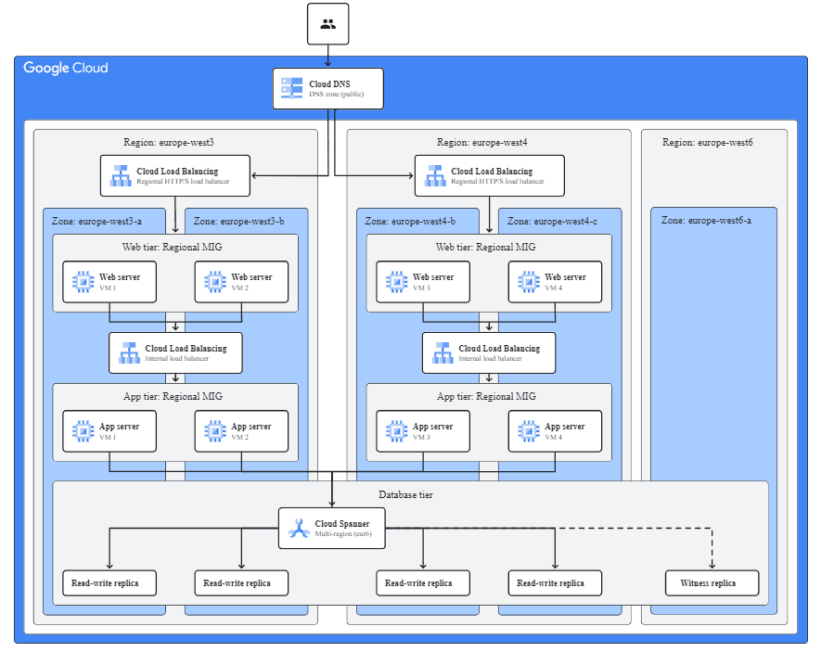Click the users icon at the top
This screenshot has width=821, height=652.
[327, 23]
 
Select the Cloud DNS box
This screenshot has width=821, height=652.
[327, 89]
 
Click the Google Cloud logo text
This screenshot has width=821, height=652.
[66, 68]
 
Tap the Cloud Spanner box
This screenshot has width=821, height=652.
[331, 528]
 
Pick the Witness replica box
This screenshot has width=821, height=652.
[712, 583]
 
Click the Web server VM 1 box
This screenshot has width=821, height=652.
[109, 281]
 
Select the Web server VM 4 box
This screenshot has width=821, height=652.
[555, 281]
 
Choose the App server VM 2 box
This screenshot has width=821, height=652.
[241, 431]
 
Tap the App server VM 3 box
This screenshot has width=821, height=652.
[423, 431]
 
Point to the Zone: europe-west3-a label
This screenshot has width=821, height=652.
[96, 222]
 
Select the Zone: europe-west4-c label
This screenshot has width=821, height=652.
[551, 222]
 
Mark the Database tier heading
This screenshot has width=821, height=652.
[405, 494]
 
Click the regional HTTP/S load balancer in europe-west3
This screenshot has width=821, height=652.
[175, 175]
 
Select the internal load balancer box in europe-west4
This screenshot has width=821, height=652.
[489, 352]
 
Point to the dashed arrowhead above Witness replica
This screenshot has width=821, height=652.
[712, 565]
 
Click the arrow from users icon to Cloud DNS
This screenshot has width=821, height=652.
[327, 56]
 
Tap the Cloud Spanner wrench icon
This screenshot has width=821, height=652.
[298, 528]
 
